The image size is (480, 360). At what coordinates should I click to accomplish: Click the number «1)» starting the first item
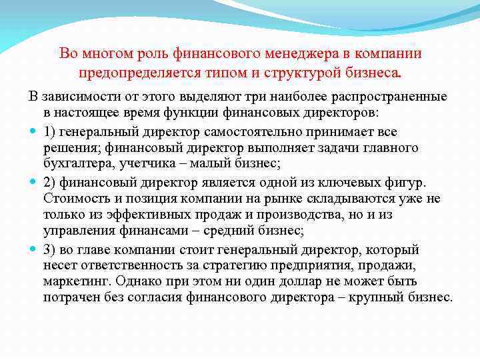(x=50, y=131)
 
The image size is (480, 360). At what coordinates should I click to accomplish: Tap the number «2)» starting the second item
(x=50, y=183)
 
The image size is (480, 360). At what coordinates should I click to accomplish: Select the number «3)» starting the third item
(x=50, y=250)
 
